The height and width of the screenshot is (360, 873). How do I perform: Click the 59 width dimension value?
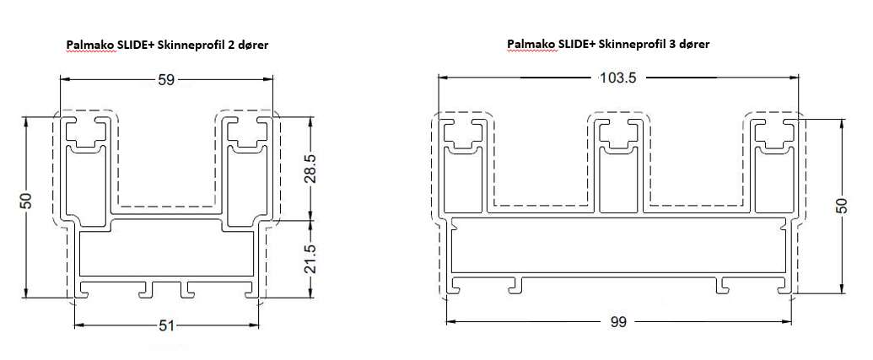point(166,80)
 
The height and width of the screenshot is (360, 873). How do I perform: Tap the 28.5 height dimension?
point(310,169)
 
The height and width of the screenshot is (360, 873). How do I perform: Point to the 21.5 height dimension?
point(310,259)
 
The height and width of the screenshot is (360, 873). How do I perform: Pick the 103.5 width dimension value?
point(617,78)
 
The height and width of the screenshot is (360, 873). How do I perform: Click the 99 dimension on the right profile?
point(618,321)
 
